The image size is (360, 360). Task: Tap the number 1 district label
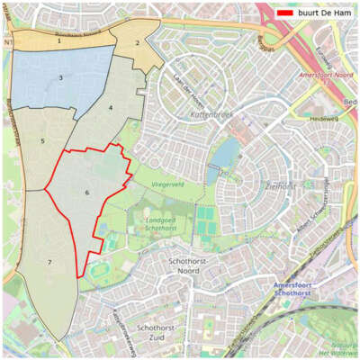58,40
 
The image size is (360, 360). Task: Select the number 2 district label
138,42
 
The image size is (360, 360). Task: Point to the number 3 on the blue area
60,78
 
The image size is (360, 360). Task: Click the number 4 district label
111,107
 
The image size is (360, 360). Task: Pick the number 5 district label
42,140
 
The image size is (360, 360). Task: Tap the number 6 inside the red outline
87,193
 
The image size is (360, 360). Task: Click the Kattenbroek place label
212,116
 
